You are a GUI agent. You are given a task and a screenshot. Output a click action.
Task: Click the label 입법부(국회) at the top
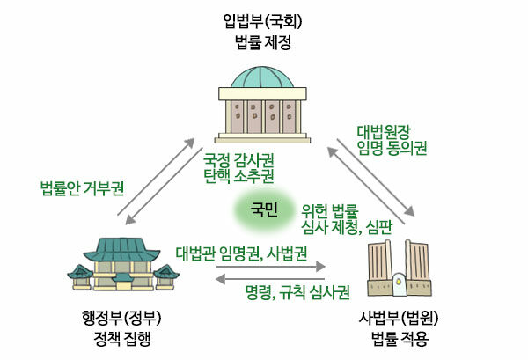coord(262,22)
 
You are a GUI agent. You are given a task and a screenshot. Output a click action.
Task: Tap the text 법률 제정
coord(263,42)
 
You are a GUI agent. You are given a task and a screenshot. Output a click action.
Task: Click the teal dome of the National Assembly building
coord(262,77)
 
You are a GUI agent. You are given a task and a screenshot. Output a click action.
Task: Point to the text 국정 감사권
coord(238,160)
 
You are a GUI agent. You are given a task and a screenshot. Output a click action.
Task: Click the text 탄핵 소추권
coord(238,176)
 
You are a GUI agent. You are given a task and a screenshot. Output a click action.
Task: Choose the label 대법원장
coord(384,132)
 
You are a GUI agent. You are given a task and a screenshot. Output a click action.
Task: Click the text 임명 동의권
coord(392,148)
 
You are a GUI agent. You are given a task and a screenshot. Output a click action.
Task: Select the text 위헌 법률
coord(330,211)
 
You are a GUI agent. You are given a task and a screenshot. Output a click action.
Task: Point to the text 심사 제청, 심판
coord(347,227)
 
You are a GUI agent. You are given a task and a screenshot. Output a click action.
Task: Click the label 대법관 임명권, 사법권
coord(241,253)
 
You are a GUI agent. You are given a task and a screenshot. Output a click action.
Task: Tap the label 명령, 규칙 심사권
coord(297,292)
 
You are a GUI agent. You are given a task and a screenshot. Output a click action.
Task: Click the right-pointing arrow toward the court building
coord(271,267)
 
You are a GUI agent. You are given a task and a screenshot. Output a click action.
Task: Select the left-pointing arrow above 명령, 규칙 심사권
coord(270,279)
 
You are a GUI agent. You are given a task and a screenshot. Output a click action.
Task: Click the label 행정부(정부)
coord(121,319)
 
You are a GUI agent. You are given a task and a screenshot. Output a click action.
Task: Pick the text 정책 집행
coord(122,339)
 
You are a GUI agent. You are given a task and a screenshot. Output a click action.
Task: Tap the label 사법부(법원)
coord(399,319)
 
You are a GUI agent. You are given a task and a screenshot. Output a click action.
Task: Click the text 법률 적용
coord(400,339)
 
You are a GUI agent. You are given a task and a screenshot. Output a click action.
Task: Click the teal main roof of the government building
coord(121,249)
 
